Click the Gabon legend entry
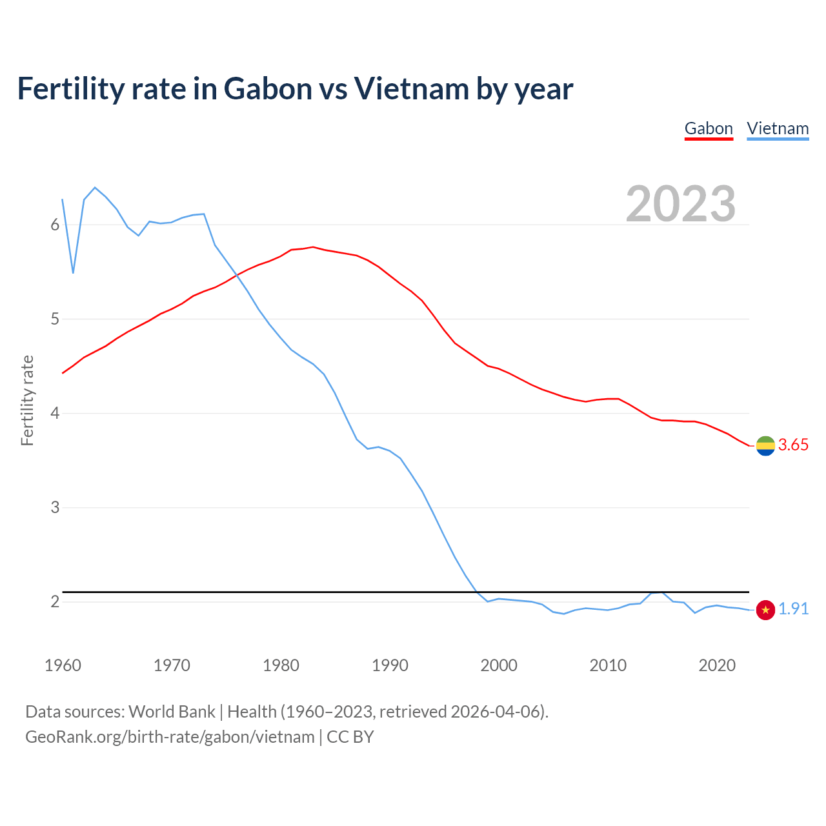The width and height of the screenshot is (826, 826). pyautogui.click(x=709, y=128)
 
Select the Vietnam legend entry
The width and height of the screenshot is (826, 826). pyautogui.click(x=778, y=128)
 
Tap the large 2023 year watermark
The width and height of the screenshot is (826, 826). pyautogui.click(x=681, y=204)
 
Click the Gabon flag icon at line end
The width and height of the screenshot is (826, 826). pyautogui.click(x=765, y=445)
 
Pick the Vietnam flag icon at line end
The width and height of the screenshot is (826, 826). pyautogui.click(x=765, y=609)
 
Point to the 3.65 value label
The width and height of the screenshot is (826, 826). pyautogui.click(x=793, y=445)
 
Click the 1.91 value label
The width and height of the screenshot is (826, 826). pyautogui.click(x=793, y=609)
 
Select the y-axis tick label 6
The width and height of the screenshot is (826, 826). pyautogui.click(x=55, y=225)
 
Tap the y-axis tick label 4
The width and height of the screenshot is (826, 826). pyautogui.click(x=55, y=413)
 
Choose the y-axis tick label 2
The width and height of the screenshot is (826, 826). pyautogui.click(x=55, y=601)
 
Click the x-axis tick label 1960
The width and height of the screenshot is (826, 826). pyautogui.click(x=63, y=665)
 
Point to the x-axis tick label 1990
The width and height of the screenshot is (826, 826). pyautogui.click(x=390, y=665)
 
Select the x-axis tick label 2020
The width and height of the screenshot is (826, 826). pyautogui.click(x=717, y=665)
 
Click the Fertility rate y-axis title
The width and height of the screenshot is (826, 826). pyautogui.click(x=27, y=400)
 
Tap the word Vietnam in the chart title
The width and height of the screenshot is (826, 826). pyautogui.click(x=412, y=89)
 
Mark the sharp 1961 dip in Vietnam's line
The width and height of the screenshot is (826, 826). pyautogui.click(x=73, y=273)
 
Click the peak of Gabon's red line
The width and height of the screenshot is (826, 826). pyautogui.click(x=313, y=247)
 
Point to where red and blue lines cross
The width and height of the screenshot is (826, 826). pyautogui.click(x=237, y=276)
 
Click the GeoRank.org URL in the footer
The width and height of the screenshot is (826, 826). pyautogui.click(x=170, y=737)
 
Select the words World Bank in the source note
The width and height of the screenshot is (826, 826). pyautogui.click(x=172, y=712)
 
